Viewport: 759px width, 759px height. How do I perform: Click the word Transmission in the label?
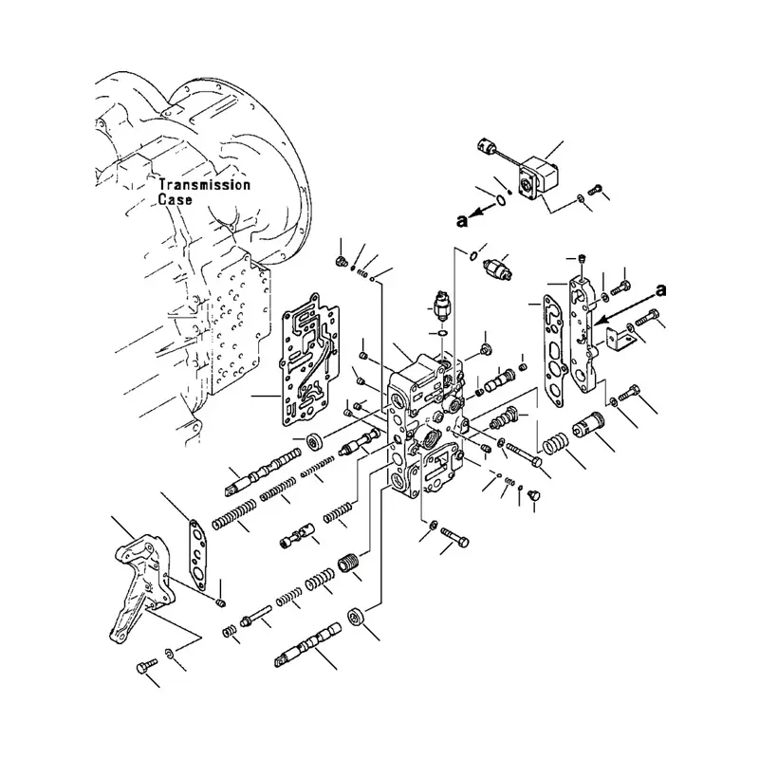(x=205, y=185)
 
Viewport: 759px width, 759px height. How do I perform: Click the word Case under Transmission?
(x=176, y=199)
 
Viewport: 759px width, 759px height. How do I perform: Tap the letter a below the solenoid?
(x=462, y=221)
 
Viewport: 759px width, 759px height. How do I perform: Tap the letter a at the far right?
(x=660, y=290)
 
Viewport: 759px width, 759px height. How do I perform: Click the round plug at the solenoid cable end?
(x=486, y=146)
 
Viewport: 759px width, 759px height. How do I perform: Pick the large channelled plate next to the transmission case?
(x=310, y=360)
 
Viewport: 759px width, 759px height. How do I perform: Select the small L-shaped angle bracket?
(x=620, y=341)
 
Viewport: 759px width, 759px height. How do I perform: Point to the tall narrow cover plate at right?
(x=583, y=334)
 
